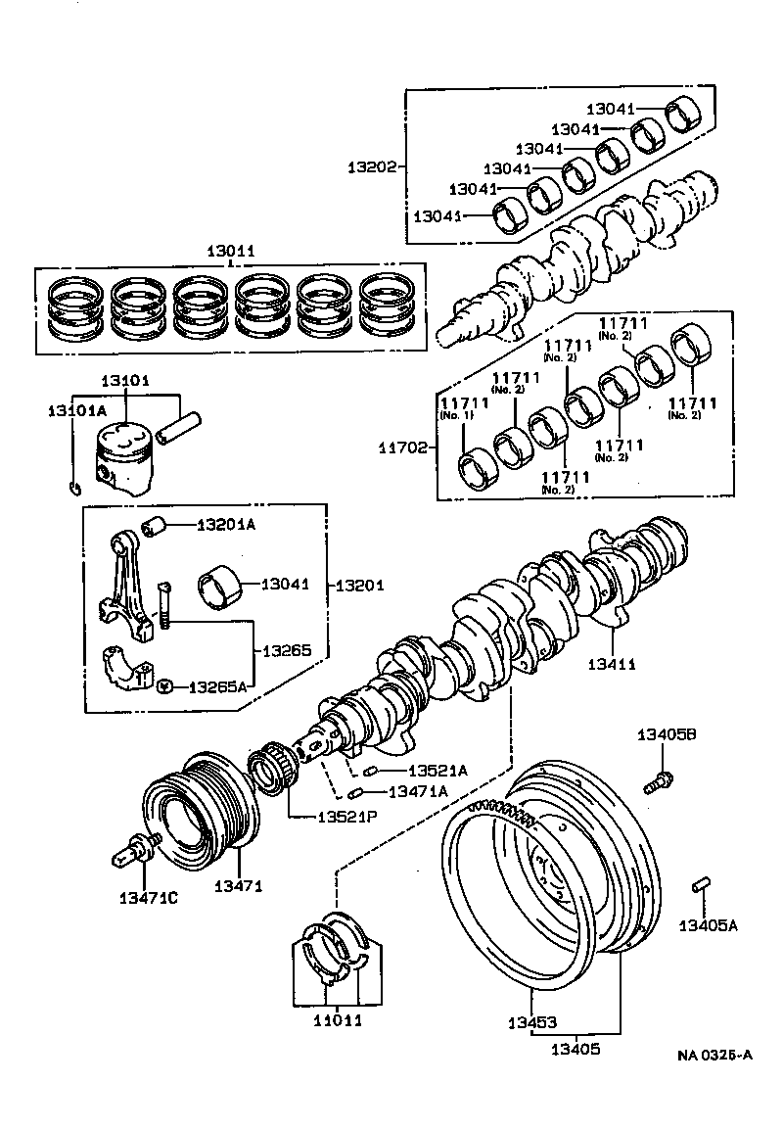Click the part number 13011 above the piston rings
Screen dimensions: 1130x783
(x=230, y=251)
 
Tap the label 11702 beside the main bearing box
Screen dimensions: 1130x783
(x=403, y=448)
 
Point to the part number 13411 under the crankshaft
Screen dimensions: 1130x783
(x=613, y=663)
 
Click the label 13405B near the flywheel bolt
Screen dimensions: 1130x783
(x=668, y=735)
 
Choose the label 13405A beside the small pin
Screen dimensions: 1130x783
(x=708, y=923)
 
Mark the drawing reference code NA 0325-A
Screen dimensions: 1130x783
(x=714, y=1055)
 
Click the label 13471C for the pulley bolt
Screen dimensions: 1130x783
(x=148, y=897)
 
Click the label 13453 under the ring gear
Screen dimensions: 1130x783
(x=531, y=1022)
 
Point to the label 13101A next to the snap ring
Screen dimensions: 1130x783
(x=76, y=410)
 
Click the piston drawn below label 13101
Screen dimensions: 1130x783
(x=124, y=458)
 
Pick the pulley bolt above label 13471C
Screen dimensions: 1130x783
(x=132, y=848)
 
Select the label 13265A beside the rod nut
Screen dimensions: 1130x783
(x=217, y=686)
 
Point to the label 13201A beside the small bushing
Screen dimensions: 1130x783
(x=226, y=525)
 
